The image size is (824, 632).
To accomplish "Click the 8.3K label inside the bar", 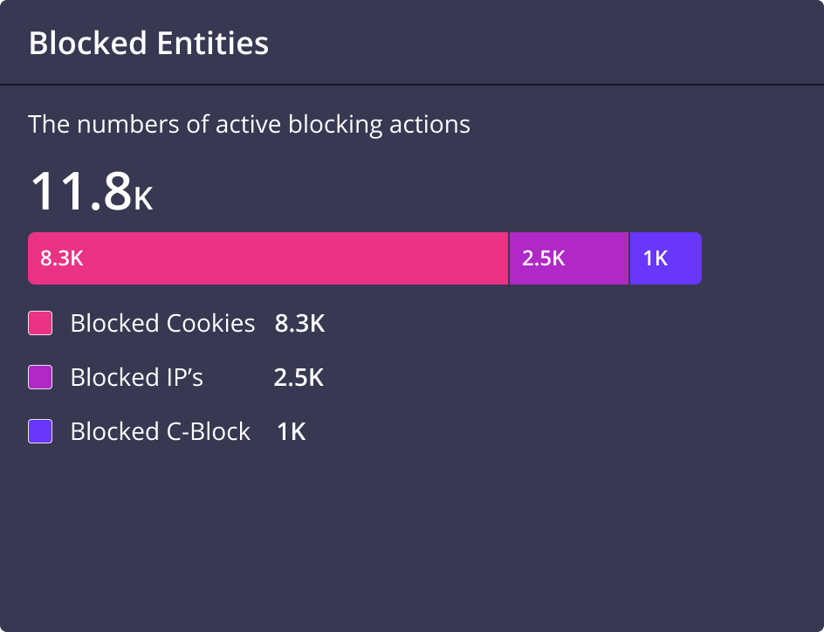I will click(x=61, y=258).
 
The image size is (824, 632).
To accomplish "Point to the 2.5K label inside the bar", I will click(x=544, y=258).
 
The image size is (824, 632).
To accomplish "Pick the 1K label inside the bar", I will click(x=656, y=258).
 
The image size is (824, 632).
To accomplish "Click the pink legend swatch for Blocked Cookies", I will click(x=40, y=324).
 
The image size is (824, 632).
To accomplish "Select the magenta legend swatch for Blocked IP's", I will click(x=40, y=377).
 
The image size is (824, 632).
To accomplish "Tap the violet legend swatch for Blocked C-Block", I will click(x=40, y=431).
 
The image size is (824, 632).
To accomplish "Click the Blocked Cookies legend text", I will click(x=162, y=324).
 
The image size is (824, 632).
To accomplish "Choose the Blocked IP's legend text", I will click(x=136, y=377).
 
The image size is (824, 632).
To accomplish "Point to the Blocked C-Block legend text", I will click(x=161, y=431).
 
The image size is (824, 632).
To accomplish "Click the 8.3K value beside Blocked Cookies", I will click(x=299, y=324).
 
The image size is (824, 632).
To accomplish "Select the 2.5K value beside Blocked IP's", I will click(x=299, y=378).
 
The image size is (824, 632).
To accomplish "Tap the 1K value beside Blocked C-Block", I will click(x=292, y=431).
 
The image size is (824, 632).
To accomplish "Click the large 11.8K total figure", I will click(x=91, y=192).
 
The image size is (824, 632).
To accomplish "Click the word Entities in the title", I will click(x=210, y=43).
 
